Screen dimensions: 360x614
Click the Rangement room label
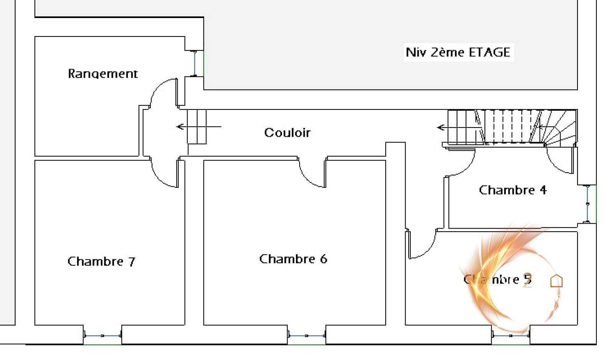click(102, 73)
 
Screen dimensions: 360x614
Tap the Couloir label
click(287, 133)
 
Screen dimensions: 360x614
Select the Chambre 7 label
click(101, 262)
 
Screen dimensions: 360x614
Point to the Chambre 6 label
click(293, 259)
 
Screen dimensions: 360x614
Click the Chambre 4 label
click(512, 190)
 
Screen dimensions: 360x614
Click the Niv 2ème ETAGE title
click(458, 52)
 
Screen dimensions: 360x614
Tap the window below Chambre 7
click(102, 336)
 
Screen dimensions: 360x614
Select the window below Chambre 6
click(307, 336)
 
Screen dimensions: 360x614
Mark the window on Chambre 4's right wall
click(587, 204)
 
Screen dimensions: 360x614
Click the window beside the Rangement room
click(195, 63)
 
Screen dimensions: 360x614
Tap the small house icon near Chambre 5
click(556, 281)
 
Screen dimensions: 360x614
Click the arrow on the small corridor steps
click(180, 126)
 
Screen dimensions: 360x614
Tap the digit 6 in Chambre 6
click(324, 259)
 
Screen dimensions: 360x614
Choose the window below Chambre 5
click(510, 336)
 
